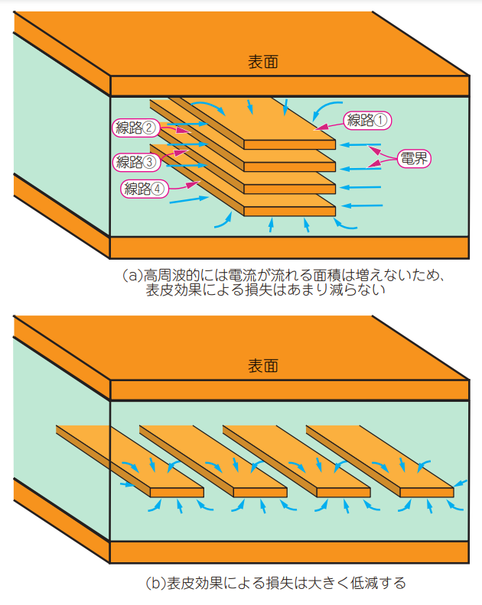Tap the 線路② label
(x=136, y=128)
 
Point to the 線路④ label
(x=145, y=189)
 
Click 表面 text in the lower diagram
(x=263, y=366)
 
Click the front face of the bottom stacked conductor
(x=290, y=211)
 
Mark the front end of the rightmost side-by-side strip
(x=426, y=493)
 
